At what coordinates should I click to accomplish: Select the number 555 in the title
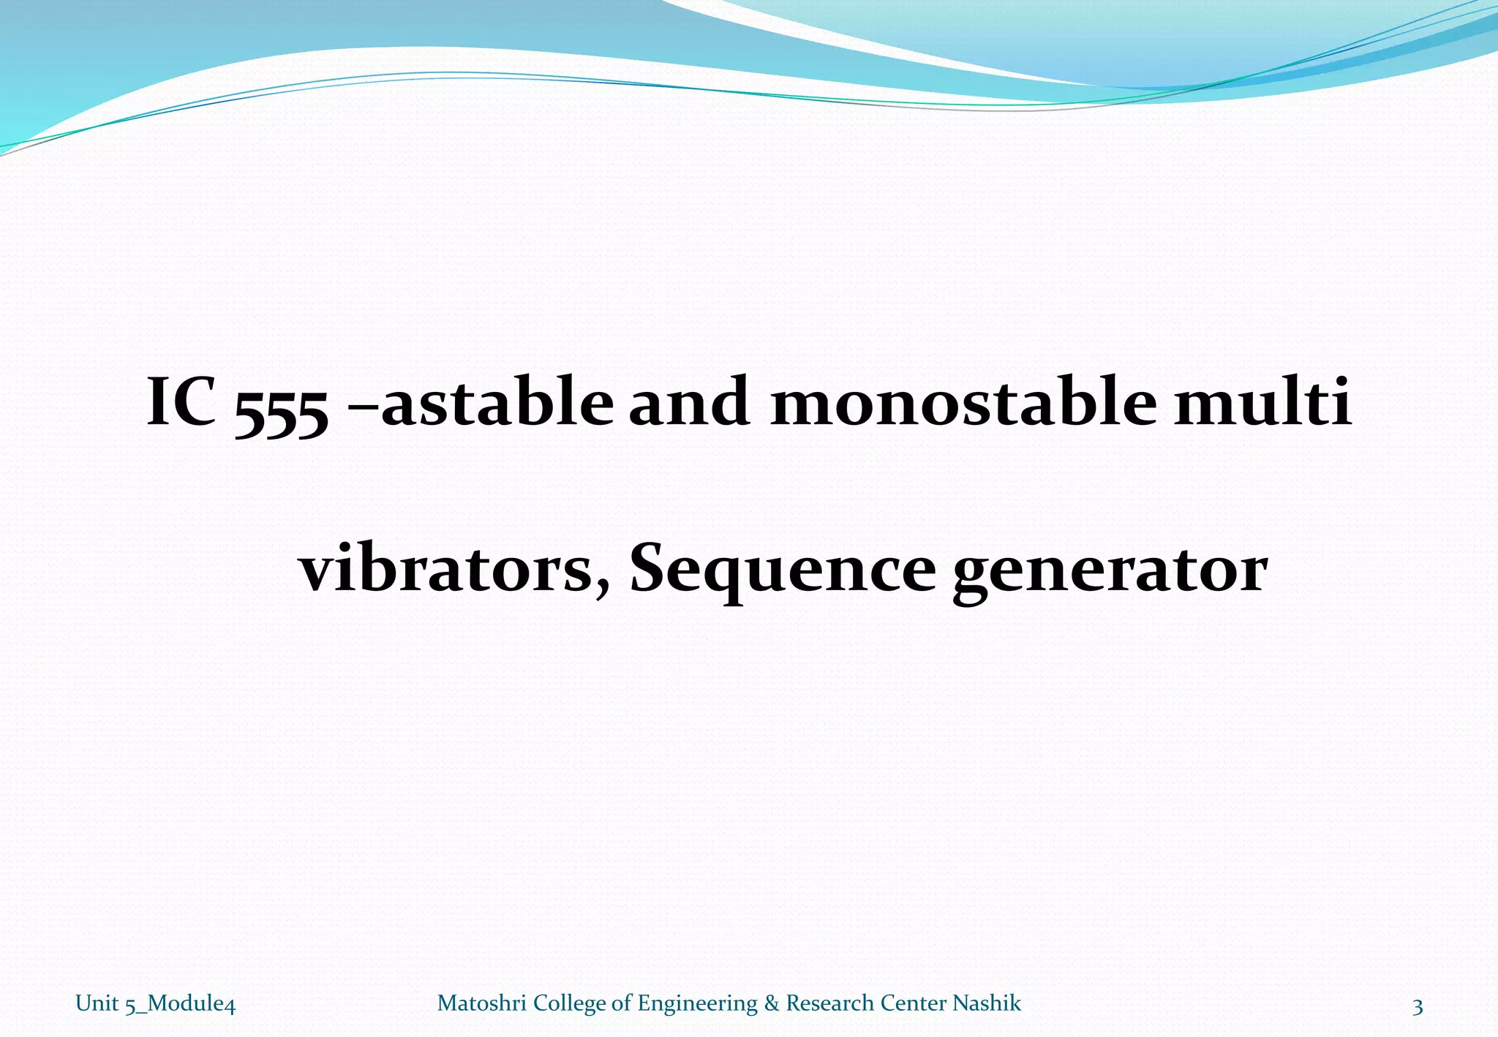click(x=282, y=410)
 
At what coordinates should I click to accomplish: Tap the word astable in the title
click(x=497, y=401)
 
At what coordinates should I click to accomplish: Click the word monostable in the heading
click(x=964, y=401)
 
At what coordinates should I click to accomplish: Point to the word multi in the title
click(x=1263, y=401)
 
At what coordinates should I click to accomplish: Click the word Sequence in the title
click(x=782, y=570)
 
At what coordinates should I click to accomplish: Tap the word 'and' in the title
click(x=689, y=401)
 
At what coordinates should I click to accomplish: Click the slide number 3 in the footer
click(x=1418, y=1008)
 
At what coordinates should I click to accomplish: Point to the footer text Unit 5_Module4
click(x=155, y=1004)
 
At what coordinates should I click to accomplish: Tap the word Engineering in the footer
click(x=697, y=1004)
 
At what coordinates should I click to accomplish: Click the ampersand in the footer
click(x=772, y=1003)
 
